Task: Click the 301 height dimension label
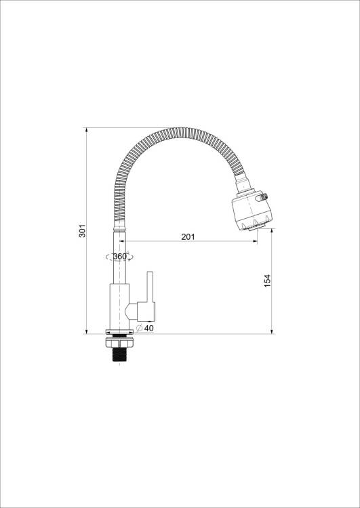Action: click(x=83, y=230)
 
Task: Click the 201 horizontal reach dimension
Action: click(x=188, y=237)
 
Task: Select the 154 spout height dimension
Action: click(x=267, y=281)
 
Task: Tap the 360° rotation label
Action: click(x=120, y=257)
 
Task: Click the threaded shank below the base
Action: click(x=120, y=354)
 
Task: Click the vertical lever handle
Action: click(x=150, y=287)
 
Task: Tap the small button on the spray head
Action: click(x=262, y=197)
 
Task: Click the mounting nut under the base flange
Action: click(x=120, y=342)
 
